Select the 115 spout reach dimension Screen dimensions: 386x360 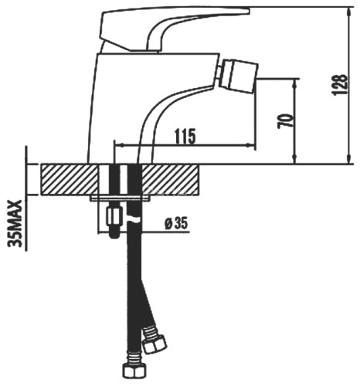[x=183, y=136]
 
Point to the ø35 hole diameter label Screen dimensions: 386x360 [x=177, y=225]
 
